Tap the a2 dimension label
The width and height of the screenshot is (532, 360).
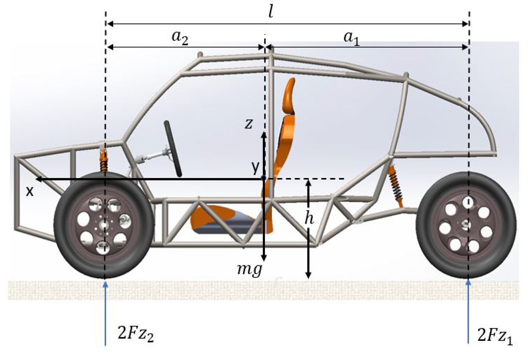pos(180,38)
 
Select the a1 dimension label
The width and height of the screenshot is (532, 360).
pos(351,39)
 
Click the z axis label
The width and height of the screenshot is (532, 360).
pos(248,124)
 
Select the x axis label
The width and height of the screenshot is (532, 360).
pos(29,191)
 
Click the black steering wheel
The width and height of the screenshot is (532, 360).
pos(173,149)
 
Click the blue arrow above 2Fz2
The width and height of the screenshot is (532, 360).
pos(105,312)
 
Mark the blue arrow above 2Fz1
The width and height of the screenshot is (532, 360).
pos(468,312)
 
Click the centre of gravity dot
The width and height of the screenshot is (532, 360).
pos(263,178)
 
